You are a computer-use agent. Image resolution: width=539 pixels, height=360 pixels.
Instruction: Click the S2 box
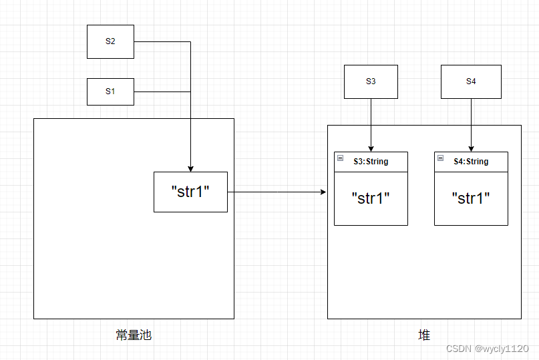click(x=110, y=41)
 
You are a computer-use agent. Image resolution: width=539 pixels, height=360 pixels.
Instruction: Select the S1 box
click(x=110, y=92)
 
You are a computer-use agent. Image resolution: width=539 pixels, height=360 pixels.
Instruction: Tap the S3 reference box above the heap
click(x=371, y=81)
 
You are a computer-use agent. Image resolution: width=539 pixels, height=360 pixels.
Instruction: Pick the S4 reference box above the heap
click(x=471, y=81)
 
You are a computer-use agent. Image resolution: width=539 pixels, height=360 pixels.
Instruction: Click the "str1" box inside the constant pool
click(x=190, y=192)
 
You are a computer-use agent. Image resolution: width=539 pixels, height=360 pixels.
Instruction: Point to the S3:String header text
click(x=371, y=162)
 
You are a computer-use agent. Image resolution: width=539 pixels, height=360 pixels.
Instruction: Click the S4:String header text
click(x=471, y=162)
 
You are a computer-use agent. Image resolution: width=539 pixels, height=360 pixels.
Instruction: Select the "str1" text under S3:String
click(x=371, y=198)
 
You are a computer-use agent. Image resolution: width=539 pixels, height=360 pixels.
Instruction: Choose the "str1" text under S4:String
click(x=471, y=198)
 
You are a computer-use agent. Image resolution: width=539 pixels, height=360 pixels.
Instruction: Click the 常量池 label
click(x=134, y=335)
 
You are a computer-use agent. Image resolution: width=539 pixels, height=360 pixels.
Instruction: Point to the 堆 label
click(x=424, y=335)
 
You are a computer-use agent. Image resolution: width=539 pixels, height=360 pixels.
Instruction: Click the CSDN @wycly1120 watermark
click(x=487, y=349)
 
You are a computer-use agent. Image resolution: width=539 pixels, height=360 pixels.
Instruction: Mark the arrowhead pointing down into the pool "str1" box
click(x=190, y=168)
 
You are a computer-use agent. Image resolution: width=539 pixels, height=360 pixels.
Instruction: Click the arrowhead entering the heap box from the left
click(x=323, y=192)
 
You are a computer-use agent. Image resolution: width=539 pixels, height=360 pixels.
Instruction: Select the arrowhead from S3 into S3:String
click(x=371, y=148)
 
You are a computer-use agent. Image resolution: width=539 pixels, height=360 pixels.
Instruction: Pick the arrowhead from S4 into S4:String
click(x=471, y=148)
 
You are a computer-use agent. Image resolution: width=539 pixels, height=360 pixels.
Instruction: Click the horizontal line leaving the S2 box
click(x=162, y=41)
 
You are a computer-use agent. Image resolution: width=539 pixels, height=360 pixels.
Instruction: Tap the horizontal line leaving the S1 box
click(x=162, y=92)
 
